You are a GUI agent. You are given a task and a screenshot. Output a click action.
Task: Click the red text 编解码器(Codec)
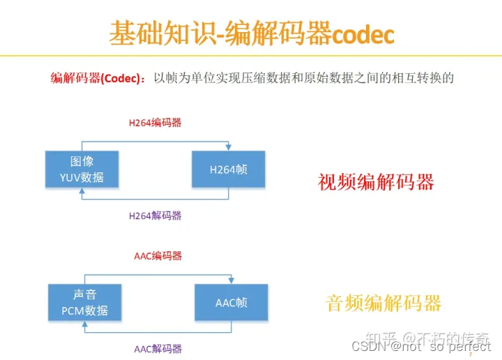point(98,78)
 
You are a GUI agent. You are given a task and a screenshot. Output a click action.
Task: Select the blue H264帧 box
point(228,170)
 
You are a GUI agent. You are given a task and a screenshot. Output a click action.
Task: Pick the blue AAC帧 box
point(231,303)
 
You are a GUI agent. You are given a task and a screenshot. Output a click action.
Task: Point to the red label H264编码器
point(155,122)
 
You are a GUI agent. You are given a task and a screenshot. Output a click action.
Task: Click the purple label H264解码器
point(155,216)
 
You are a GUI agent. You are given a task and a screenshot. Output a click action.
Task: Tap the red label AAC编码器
point(158,256)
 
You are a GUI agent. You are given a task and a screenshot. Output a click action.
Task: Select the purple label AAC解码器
point(158,348)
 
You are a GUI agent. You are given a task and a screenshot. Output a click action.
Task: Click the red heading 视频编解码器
point(376,183)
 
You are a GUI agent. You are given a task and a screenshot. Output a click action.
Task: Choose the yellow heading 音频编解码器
point(383,303)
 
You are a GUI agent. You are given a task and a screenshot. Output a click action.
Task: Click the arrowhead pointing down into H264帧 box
point(228,147)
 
